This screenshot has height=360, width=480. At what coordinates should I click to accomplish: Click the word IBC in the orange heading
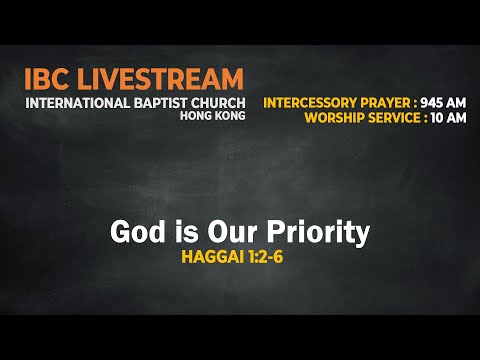click(50, 79)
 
